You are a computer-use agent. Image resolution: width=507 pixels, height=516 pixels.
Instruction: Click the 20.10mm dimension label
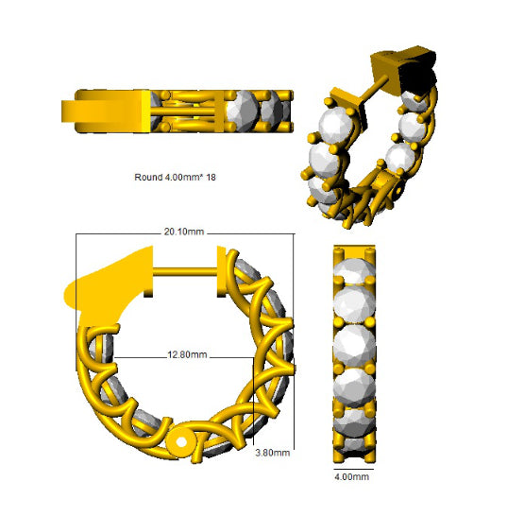[x=184, y=232]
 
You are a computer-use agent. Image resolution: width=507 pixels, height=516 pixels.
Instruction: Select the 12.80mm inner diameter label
[x=187, y=354]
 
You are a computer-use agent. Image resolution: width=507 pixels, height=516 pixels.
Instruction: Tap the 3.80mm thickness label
[x=273, y=453]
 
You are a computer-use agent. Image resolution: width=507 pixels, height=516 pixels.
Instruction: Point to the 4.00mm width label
[x=351, y=477]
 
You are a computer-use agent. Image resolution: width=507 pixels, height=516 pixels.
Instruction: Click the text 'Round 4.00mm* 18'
[x=175, y=178]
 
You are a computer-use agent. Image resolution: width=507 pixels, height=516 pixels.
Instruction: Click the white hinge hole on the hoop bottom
[x=181, y=442]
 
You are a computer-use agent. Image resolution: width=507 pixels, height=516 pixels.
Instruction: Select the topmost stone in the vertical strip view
[x=354, y=270]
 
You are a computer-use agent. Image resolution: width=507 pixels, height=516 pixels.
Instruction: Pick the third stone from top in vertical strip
[x=354, y=346]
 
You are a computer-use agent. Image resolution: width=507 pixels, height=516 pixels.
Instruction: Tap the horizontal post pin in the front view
[x=185, y=272]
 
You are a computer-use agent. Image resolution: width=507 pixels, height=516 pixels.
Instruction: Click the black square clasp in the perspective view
[x=417, y=76]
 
